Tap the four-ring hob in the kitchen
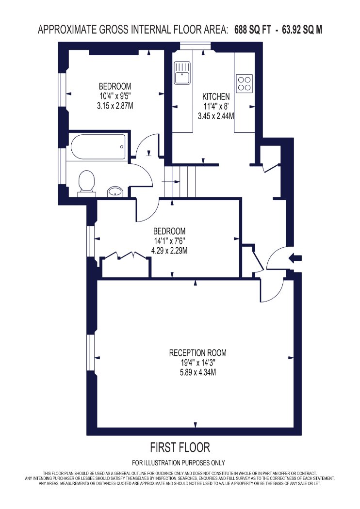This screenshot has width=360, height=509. (x=245, y=83)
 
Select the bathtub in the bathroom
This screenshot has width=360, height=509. (x=98, y=147)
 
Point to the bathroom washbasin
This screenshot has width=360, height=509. (x=115, y=191)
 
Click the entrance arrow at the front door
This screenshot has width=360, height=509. (x=295, y=258)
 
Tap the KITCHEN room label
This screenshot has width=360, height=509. (x=216, y=96)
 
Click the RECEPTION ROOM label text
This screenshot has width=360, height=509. (x=198, y=353)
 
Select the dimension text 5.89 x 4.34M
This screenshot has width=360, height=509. (x=198, y=372)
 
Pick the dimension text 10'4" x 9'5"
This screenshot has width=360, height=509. (x=115, y=96)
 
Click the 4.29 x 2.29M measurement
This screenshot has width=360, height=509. (x=169, y=251)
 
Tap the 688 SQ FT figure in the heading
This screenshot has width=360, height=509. (x=252, y=30)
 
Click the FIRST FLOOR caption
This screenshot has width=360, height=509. (x=180, y=447)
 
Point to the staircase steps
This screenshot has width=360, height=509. (x=180, y=182)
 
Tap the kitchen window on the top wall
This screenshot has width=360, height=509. (x=195, y=47)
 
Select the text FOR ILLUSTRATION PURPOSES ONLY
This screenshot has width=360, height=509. (x=179, y=462)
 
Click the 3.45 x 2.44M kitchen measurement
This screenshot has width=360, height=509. (x=216, y=116)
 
